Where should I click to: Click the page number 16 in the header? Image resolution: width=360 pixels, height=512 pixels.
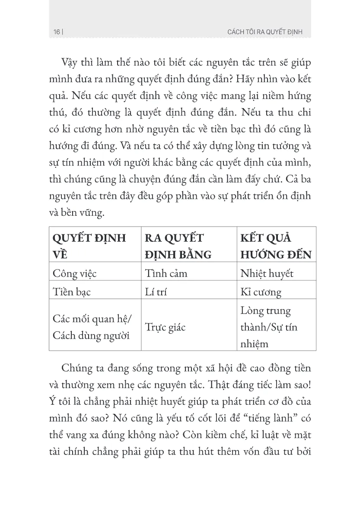coord(56,32)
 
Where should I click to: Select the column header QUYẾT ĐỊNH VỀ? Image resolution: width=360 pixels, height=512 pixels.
coord(89,246)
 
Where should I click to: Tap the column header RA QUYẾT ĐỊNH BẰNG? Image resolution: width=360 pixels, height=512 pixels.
coord(178,246)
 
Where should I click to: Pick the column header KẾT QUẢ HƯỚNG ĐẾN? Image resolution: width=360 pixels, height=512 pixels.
coord(276,246)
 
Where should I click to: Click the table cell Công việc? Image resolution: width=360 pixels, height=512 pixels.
coord(74,273)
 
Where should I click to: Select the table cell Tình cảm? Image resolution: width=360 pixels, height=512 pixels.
coord(166,273)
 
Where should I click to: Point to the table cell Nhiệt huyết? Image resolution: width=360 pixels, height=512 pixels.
coord(267,273)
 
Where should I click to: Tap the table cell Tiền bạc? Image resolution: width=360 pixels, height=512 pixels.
coord(71,292)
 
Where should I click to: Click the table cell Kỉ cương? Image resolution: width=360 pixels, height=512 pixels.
coord(261,292)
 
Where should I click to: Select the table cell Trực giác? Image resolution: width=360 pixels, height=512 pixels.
coord(165,327)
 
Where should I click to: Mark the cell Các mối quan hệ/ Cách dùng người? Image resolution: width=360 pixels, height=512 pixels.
coord(92,327)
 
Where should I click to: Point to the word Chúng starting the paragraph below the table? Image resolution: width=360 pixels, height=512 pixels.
coord(79,368)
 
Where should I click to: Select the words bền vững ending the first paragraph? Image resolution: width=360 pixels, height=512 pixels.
coord(90,213)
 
